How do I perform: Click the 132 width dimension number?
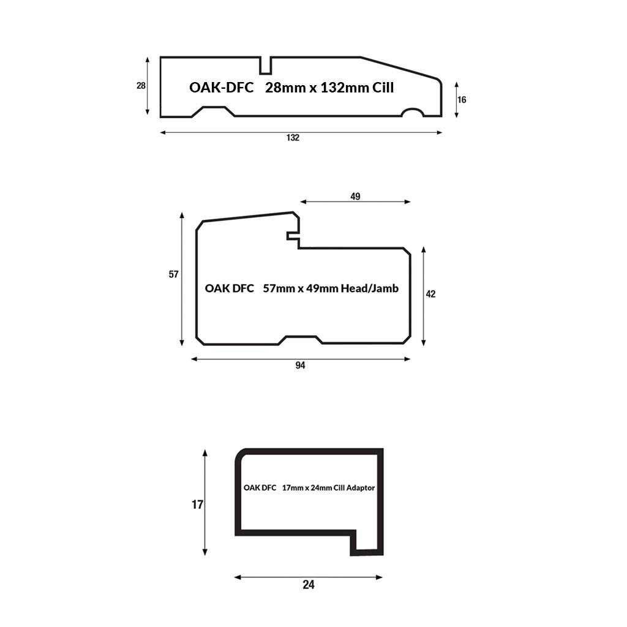(293, 138)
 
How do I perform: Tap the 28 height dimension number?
(141, 86)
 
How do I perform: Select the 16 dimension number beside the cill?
(462, 100)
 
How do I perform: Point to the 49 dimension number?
(355, 197)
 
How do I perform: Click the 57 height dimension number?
(173, 274)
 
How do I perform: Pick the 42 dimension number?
(430, 294)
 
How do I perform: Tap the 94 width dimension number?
(300, 365)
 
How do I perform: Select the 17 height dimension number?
(198, 505)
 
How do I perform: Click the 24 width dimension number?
(309, 585)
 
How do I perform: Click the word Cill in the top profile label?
(383, 88)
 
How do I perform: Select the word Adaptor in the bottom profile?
(361, 488)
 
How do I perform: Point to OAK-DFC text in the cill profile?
(222, 88)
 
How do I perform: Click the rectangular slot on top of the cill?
(266, 66)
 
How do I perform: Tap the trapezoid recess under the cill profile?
(214, 111)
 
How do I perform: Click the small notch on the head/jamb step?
(293, 236)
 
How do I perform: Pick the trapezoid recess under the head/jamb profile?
(300, 340)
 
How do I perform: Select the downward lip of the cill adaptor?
(367, 543)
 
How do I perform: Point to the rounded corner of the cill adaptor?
(240, 454)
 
